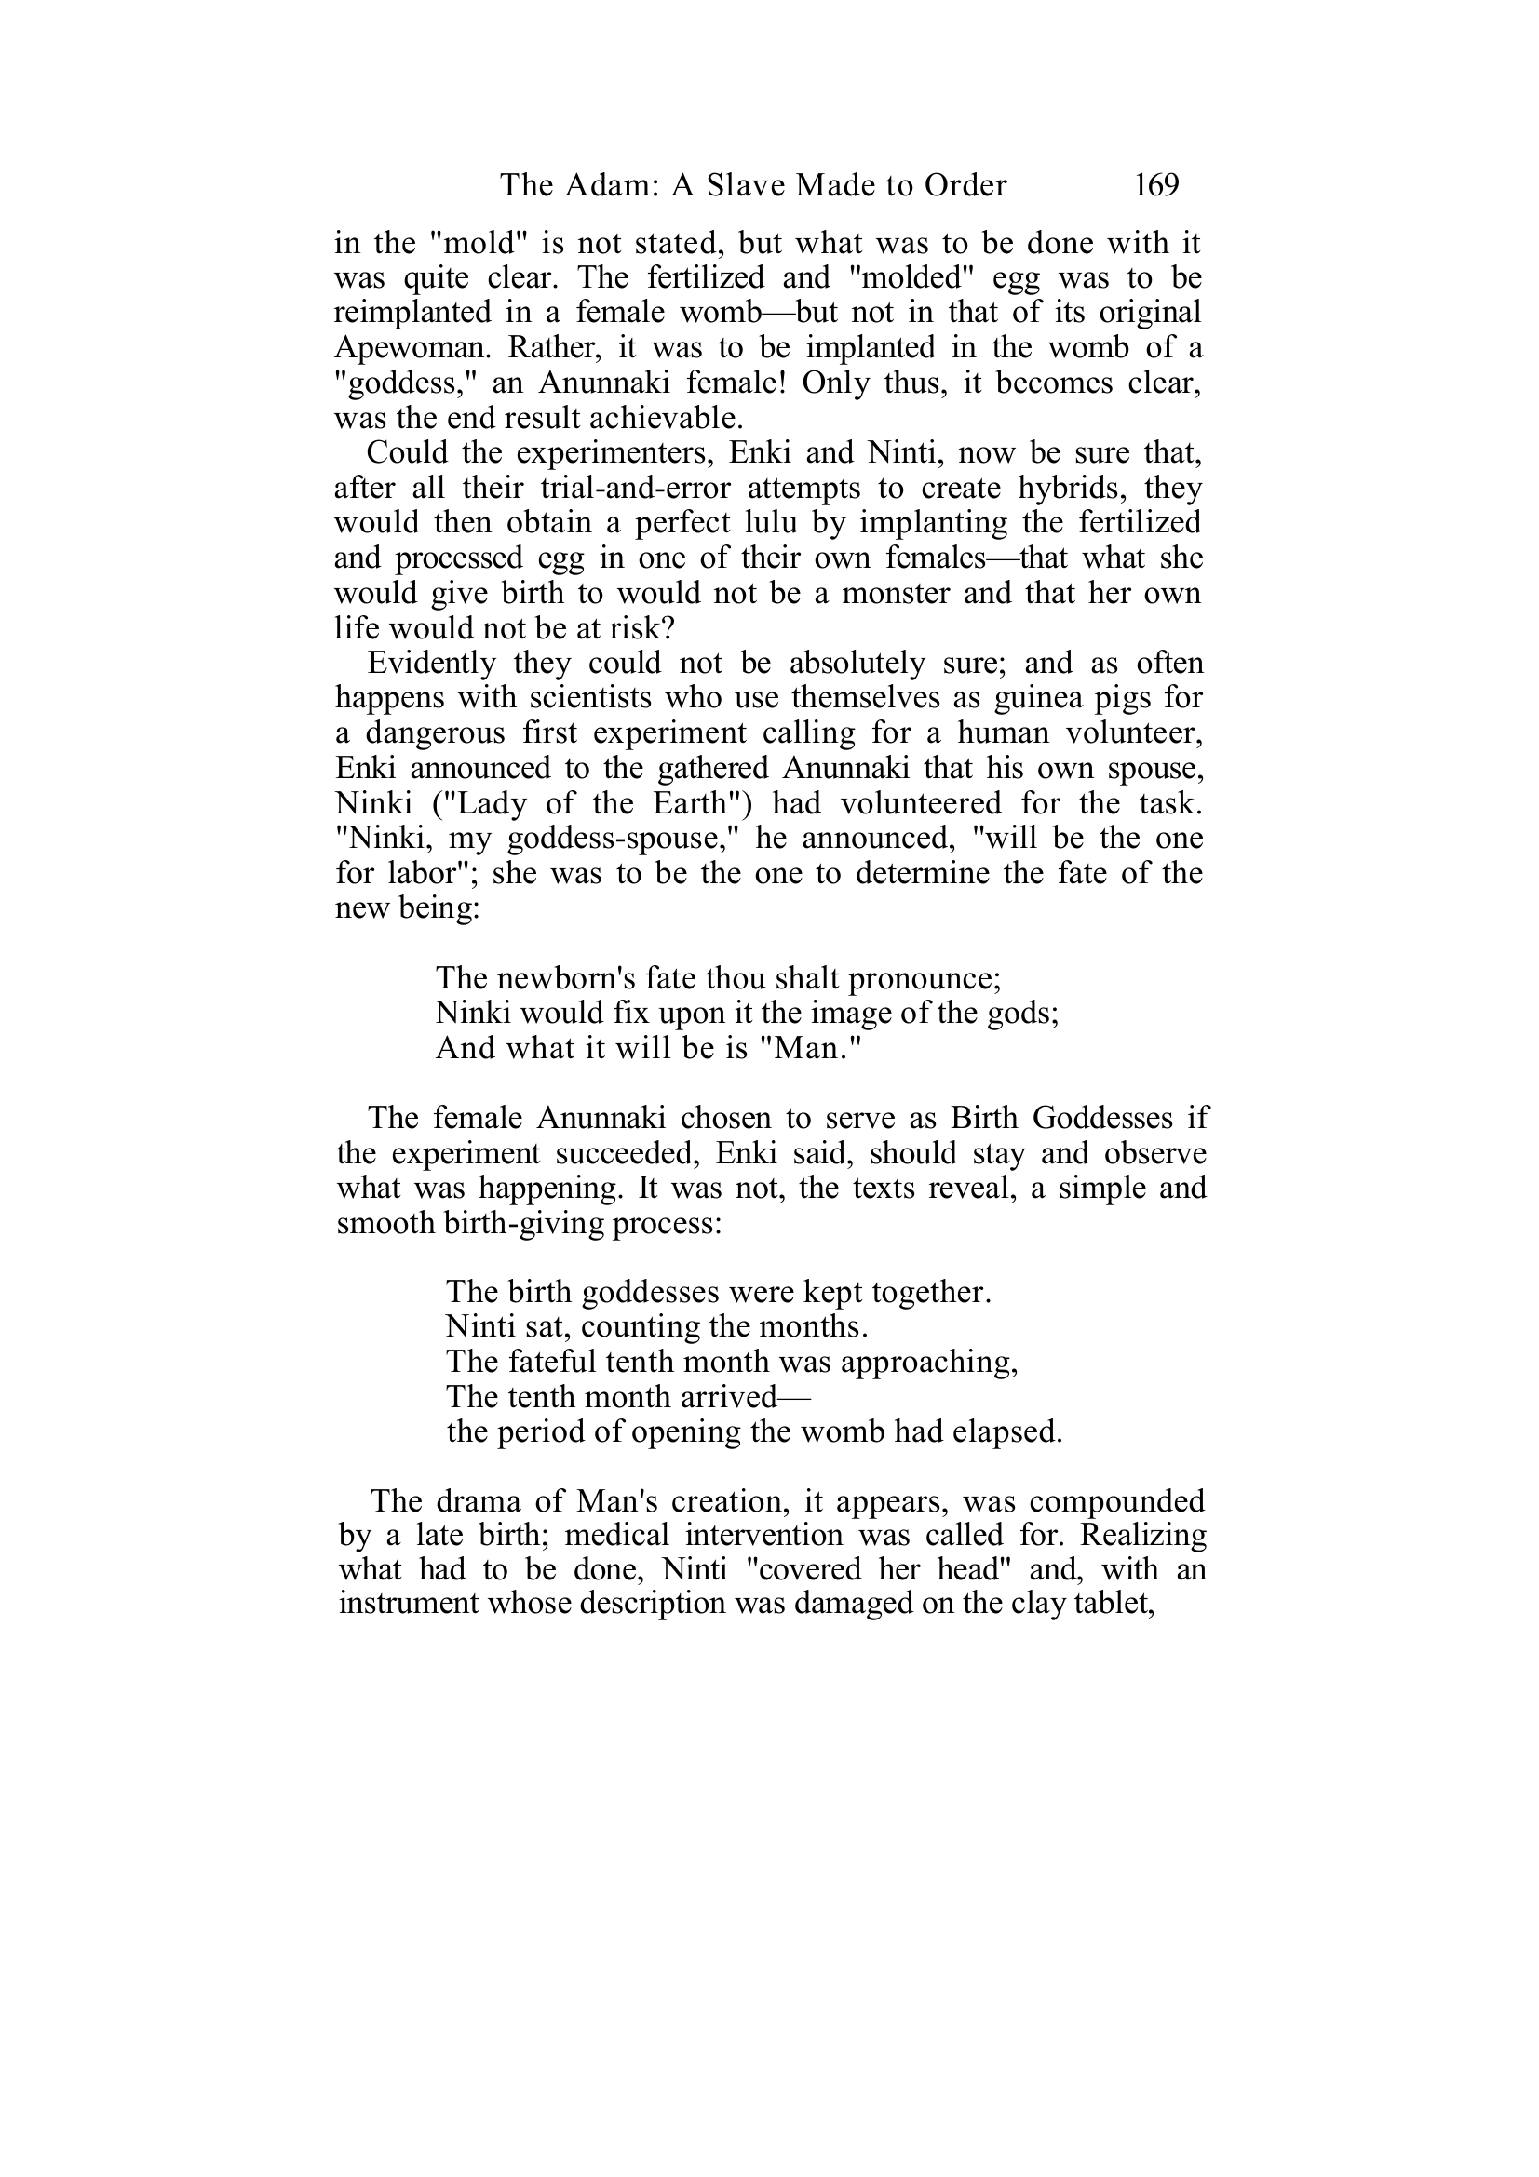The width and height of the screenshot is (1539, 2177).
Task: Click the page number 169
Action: (x=1156, y=185)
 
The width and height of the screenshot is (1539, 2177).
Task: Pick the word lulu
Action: (x=768, y=523)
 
